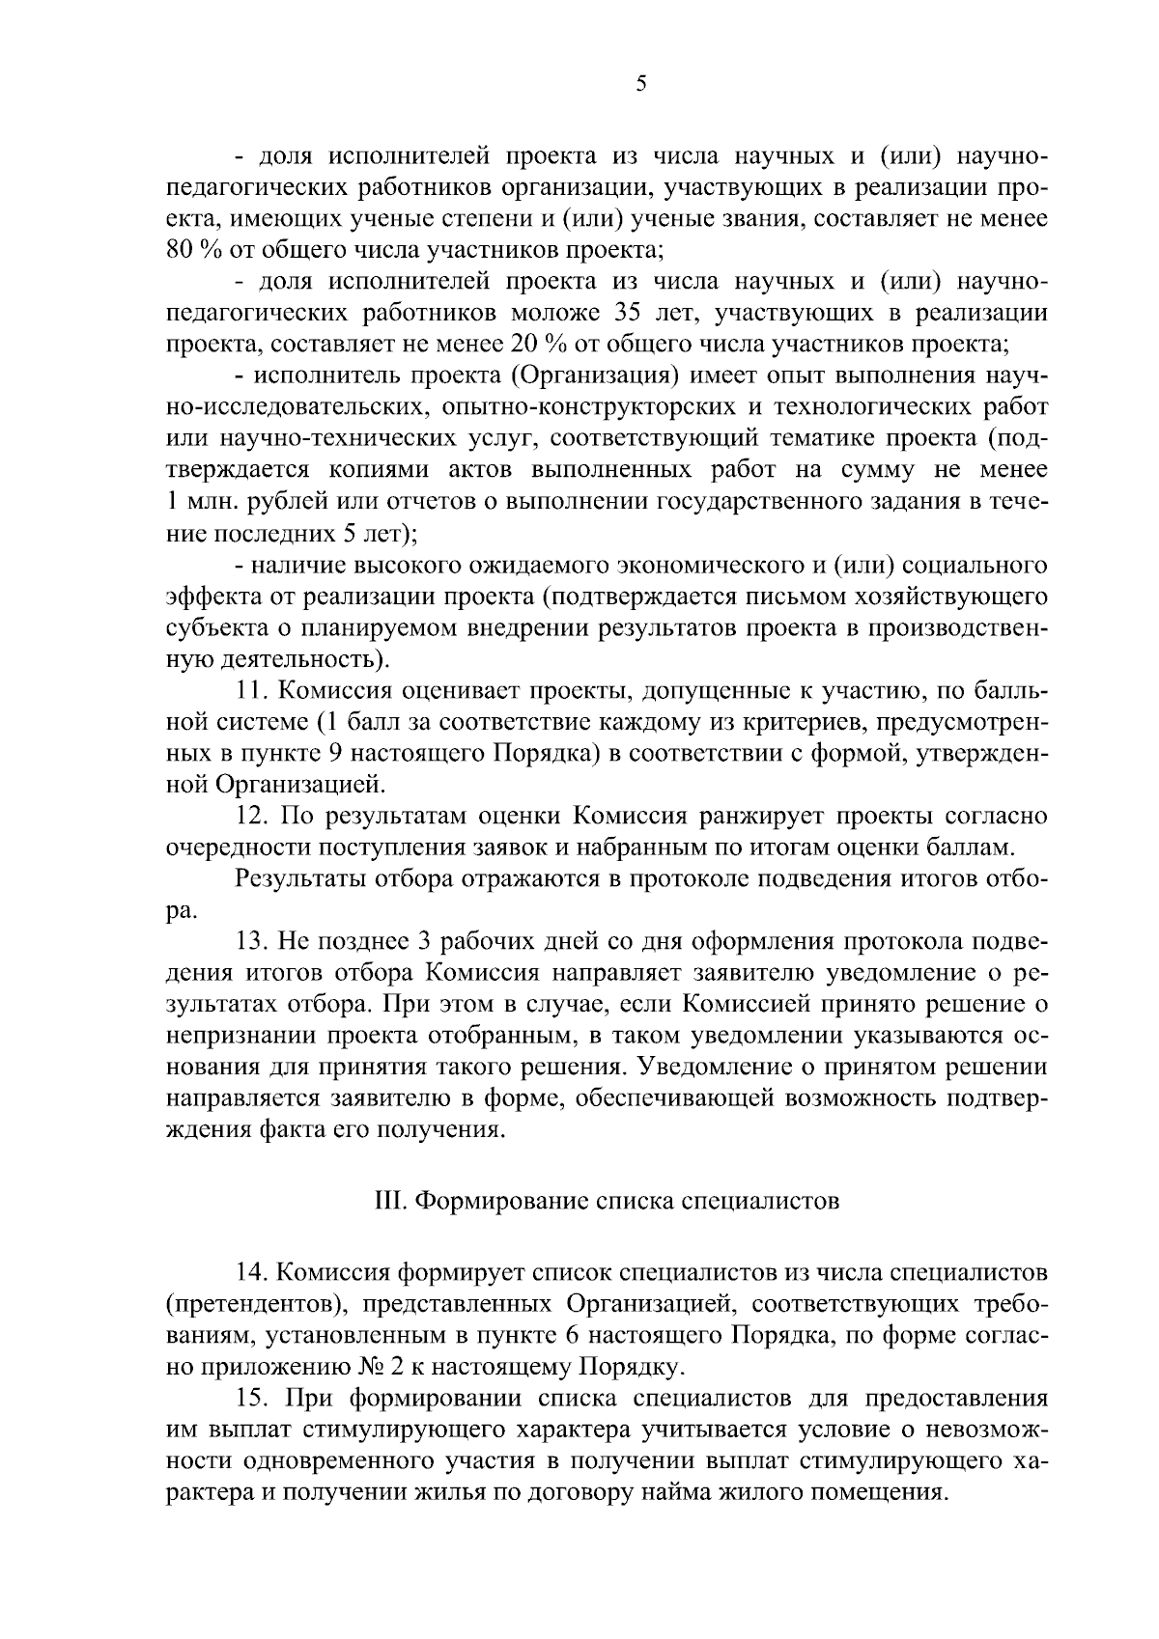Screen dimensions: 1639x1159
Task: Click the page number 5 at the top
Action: pos(641,85)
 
